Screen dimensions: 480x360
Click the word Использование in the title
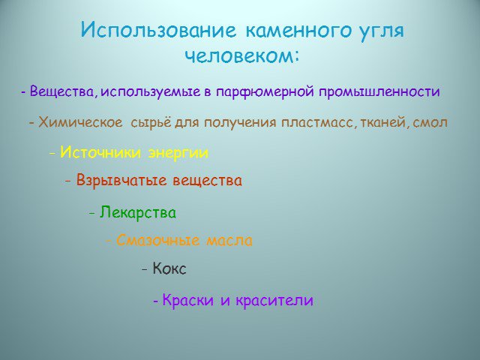[158, 31]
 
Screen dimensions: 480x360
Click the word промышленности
[379, 91]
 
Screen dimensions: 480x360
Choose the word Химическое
[80, 122]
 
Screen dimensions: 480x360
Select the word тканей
[382, 123]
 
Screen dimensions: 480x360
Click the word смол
[430, 123]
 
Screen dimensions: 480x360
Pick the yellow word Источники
[100, 152]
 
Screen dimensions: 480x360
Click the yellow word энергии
[178, 153]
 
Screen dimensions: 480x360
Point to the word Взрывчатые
[121, 180]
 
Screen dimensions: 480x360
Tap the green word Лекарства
[138, 212]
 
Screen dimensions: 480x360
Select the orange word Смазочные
[158, 240]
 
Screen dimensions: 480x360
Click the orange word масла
[229, 241]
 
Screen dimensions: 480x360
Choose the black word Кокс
[169, 268]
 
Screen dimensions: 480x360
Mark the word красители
[274, 300]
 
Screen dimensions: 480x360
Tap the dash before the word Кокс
[145, 269]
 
